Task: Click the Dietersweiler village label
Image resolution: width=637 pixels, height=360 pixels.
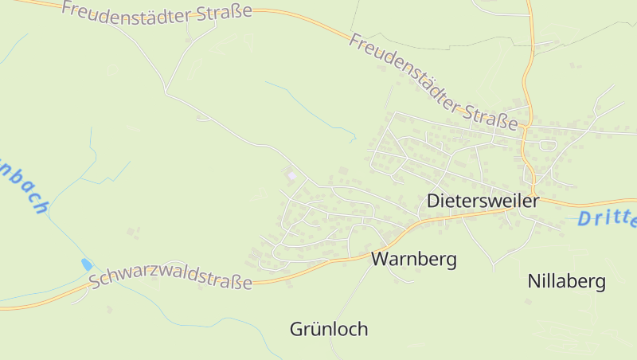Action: [x=483, y=201]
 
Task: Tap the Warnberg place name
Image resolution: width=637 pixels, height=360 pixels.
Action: [x=413, y=259]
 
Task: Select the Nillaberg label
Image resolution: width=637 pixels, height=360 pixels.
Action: [x=566, y=281]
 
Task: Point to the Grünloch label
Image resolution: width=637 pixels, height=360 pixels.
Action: [x=329, y=329]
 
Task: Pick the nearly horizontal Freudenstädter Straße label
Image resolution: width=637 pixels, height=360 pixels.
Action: [x=156, y=11]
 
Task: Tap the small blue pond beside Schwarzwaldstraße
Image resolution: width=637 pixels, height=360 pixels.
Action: [x=87, y=264]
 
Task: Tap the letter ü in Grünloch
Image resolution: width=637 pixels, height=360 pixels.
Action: [x=315, y=329]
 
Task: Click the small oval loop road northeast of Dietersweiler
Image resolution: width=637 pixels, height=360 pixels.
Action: [x=547, y=145]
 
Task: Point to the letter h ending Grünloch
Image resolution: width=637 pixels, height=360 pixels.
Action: [x=362, y=329]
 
